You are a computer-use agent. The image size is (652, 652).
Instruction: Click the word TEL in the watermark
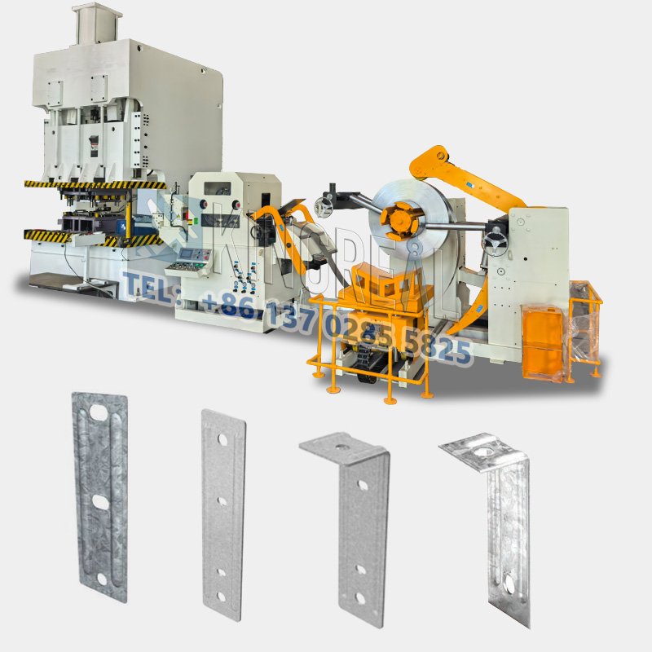click(147, 286)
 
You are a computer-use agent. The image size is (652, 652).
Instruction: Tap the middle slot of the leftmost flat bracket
click(99, 499)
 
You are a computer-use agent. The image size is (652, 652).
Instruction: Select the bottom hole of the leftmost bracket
click(100, 579)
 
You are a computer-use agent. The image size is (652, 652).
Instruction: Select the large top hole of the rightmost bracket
click(486, 448)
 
